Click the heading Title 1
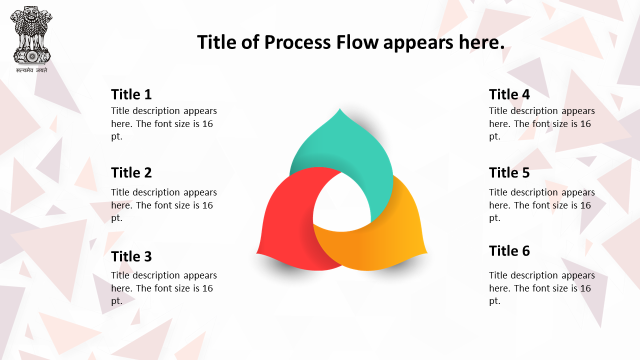[x=131, y=94]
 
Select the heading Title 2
[x=131, y=172]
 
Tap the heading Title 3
[x=131, y=256]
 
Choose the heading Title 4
[x=509, y=94]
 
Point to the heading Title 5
[x=509, y=172]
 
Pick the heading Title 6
[x=509, y=251]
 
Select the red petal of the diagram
[x=288, y=223]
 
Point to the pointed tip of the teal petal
[x=339, y=108]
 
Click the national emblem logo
[x=31, y=34]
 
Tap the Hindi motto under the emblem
[x=31, y=70]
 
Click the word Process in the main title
[x=297, y=42]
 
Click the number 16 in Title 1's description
[x=207, y=123]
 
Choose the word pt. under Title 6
[x=494, y=301]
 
